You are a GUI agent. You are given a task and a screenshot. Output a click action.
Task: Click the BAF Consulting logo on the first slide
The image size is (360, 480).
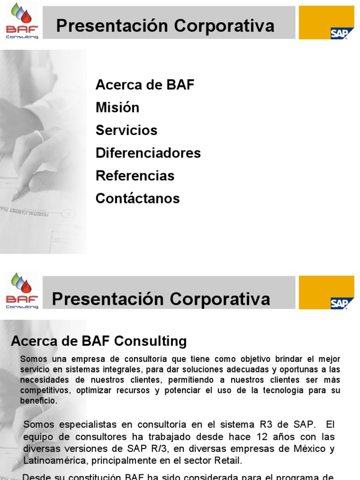point(22,22)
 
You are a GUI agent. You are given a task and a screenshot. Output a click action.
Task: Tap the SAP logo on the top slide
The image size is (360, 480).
point(339,33)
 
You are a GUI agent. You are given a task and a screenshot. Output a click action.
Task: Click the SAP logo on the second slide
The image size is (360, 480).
point(339,303)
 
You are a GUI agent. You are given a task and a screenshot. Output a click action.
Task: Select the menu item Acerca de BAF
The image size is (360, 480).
point(144,85)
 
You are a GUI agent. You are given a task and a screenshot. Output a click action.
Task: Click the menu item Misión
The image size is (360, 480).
point(117,107)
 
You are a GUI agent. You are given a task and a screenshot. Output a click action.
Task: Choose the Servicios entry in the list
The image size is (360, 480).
point(126,130)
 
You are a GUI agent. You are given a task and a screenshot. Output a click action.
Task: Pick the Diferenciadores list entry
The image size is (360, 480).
point(148,153)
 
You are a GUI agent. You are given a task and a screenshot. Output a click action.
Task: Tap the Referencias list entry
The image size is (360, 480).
point(135,176)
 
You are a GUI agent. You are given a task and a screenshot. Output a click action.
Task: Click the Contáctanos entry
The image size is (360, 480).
point(137,198)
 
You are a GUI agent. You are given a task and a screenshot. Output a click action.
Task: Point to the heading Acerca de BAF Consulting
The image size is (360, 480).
point(98,341)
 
